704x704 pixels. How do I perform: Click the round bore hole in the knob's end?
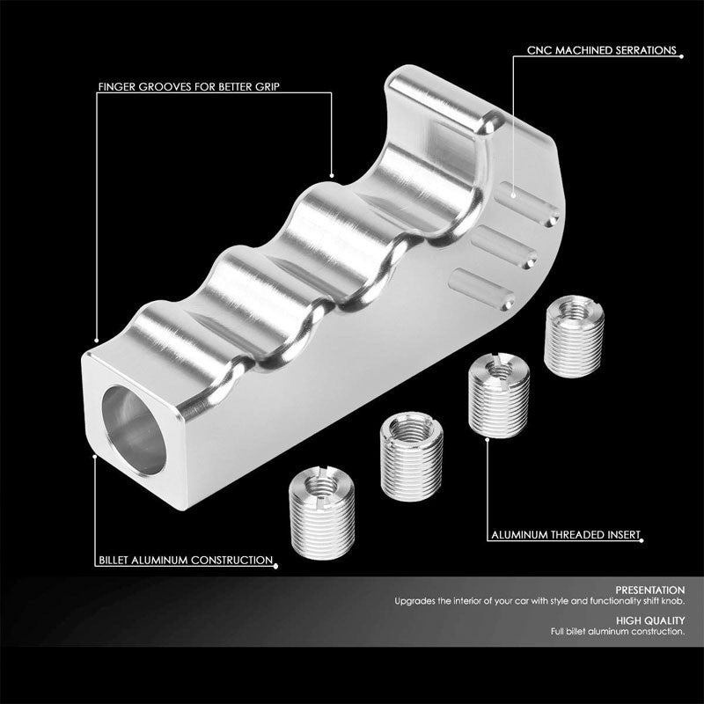pos(135,419)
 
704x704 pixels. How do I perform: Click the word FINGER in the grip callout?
pos(118,87)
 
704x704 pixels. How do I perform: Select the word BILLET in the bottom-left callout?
pos(116,560)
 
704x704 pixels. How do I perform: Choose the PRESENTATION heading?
pos(652,590)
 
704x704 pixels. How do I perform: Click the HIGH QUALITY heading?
pos(654,620)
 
